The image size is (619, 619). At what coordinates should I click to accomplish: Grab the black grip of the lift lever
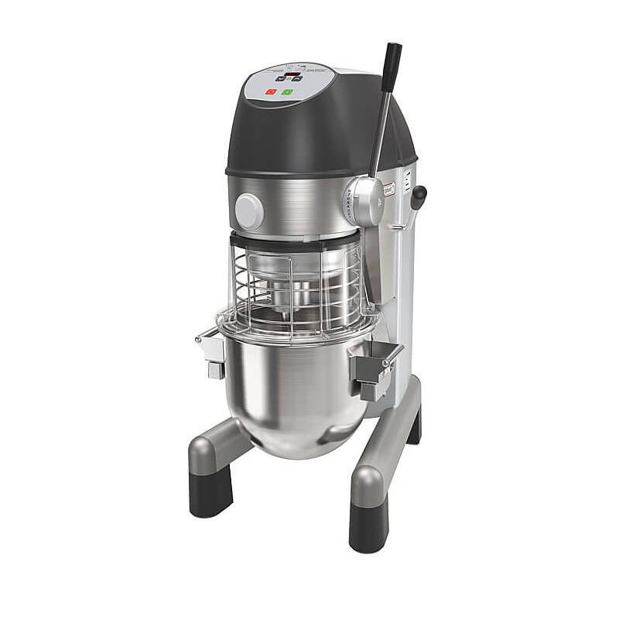(x=391, y=62)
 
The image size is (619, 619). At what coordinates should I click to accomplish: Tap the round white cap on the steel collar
(x=248, y=210)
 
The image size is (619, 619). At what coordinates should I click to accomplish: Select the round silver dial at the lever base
(x=364, y=200)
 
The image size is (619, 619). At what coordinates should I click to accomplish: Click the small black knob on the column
(x=419, y=194)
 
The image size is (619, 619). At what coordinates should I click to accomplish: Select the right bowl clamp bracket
(x=375, y=368)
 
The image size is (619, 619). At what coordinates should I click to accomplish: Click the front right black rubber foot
(x=368, y=526)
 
